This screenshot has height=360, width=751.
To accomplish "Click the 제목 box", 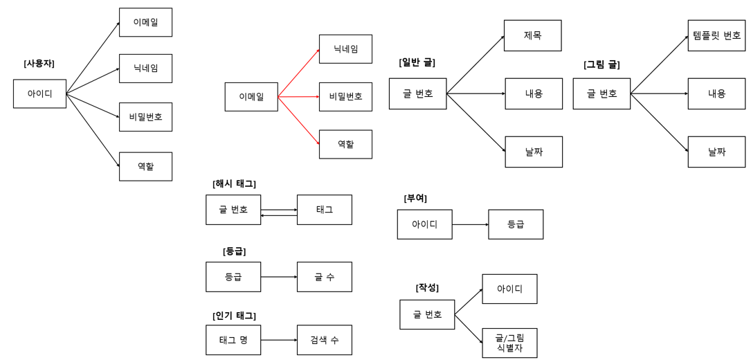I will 532,35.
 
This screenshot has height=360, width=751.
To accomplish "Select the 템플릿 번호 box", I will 716,35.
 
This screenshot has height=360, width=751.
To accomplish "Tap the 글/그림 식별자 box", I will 509,343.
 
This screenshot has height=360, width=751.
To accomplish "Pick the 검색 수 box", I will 324,340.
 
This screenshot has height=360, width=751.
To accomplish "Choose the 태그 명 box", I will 233,340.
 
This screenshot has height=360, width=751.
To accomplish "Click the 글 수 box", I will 324,277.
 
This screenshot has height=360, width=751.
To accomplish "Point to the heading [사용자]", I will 39,64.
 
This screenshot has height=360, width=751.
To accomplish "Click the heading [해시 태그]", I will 234,183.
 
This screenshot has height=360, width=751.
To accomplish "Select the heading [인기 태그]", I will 234,316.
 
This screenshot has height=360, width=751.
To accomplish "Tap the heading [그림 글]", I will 601,64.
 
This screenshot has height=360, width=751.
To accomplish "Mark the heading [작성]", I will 427,287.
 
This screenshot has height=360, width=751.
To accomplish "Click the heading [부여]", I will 415,198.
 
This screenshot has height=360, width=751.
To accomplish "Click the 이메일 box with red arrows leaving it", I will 251,97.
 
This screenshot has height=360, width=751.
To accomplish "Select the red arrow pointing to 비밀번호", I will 298,97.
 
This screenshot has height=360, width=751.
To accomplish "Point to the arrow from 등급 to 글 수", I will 279,277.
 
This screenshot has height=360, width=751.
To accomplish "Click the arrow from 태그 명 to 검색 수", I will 279,340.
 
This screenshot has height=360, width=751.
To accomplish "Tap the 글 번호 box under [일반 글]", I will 417,93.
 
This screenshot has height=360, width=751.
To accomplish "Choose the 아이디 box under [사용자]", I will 39,93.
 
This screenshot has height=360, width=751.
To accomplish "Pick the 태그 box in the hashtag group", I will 324,210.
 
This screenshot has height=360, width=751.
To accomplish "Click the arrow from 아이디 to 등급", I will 470,224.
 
